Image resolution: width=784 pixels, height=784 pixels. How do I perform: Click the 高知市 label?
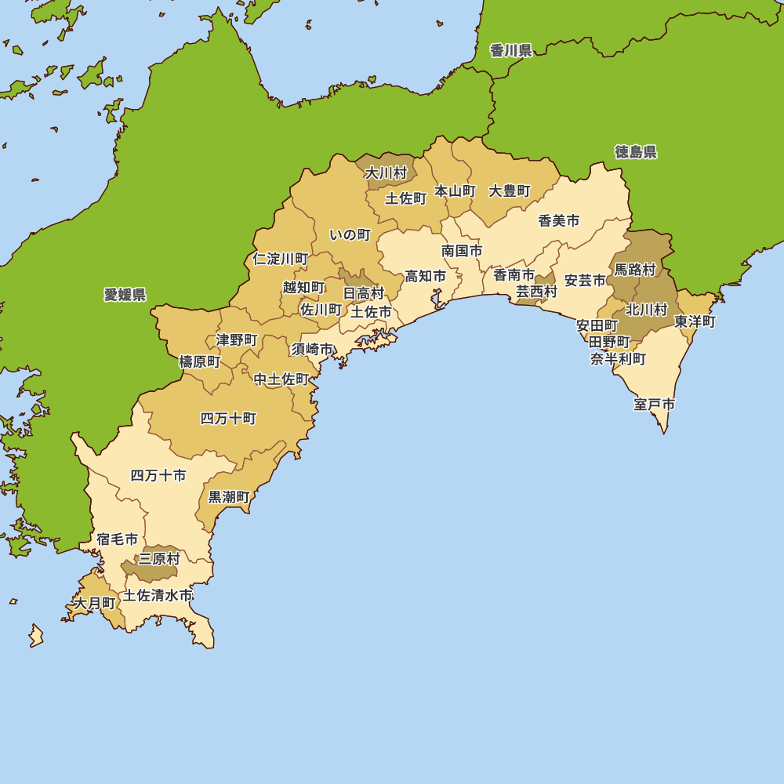point(425,277)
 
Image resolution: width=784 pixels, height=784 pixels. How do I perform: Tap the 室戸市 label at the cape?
point(655,405)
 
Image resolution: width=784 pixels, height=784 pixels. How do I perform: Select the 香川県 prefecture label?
point(511,51)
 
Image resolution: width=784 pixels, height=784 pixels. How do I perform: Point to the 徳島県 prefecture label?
point(636,152)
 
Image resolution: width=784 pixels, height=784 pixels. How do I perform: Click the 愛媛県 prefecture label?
point(125,295)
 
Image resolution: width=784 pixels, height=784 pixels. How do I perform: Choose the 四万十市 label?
point(158,476)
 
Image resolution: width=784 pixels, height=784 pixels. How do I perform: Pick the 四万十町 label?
point(228,419)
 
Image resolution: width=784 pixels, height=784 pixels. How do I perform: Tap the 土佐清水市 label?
point(158,596)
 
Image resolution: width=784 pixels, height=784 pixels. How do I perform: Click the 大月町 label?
point(94,603)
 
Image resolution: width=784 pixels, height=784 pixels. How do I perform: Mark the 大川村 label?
point(387,173)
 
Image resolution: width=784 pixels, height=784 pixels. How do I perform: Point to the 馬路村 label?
point(634,270)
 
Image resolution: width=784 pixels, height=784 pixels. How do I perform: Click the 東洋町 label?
point(695,321)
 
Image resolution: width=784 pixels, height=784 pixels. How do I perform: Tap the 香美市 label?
point(559,221)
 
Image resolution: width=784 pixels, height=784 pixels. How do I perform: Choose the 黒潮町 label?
point(229,497)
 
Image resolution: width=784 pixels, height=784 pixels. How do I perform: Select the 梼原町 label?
point(200,361)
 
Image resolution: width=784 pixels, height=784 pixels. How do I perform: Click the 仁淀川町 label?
point(281,259)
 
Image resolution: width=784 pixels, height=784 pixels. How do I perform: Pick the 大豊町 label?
point(510,191)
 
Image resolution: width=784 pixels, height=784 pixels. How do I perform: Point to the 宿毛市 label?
point(118,539)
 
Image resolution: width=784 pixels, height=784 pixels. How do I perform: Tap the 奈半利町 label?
point(619,359)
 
